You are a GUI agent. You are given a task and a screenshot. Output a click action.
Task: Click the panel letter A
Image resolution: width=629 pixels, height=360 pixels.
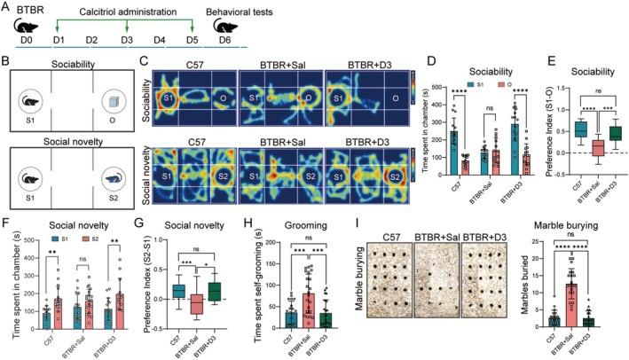pyautogui.click(x=6, y=7)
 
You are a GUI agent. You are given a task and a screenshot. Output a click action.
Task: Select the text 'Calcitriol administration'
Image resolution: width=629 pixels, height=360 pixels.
pyautogui.click(x=123, y=12)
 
